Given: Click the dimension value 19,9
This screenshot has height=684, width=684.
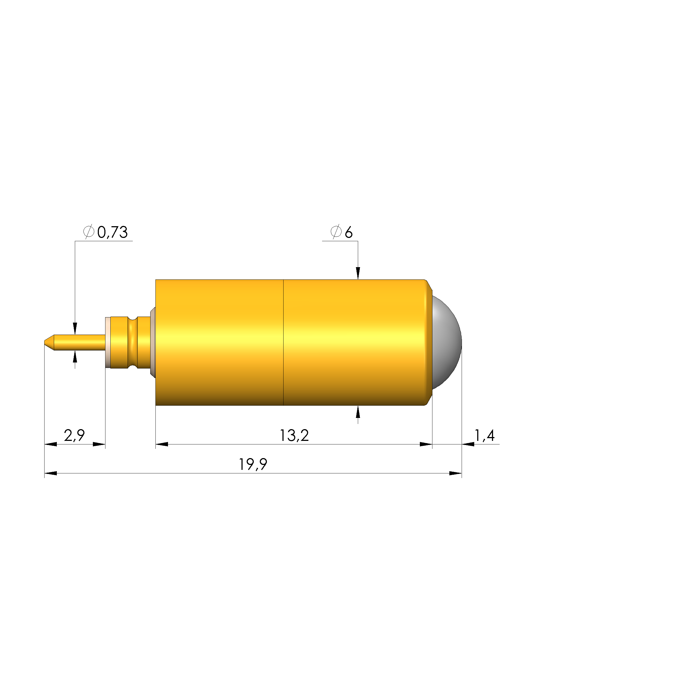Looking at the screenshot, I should pos(253,464).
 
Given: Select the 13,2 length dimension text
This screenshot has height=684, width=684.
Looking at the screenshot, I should pos(294,435).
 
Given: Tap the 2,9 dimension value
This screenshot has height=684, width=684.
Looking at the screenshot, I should pos(74,435).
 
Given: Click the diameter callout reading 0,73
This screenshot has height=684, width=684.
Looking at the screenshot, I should pos(112,232).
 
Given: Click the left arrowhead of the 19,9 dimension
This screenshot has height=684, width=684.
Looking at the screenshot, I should pos(51,473).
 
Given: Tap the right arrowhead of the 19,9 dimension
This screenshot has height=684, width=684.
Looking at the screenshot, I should pos(455,473).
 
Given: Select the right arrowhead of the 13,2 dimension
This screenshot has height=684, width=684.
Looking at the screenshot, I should pos(426,444).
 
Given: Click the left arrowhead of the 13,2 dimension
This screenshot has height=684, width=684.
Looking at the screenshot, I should pos(162,444).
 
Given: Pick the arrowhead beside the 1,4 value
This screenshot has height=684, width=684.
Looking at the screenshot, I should pos(468,444).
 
